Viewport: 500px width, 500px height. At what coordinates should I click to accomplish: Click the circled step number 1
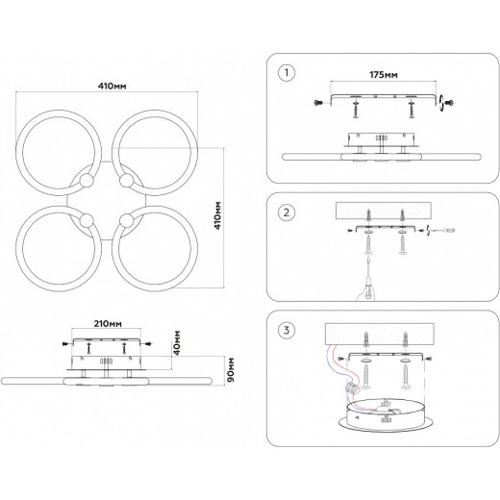(287, 73)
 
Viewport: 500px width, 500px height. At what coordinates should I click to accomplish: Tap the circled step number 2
(287, 212)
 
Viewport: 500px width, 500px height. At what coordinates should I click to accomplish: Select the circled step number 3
(287, 330)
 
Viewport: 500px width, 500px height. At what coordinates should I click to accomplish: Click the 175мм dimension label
(384, 75)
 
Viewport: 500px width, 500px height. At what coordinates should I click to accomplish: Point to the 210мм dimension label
(108, 324)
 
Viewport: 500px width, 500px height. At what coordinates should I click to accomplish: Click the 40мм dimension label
(177, 342)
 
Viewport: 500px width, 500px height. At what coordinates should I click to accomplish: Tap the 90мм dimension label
(231, 369)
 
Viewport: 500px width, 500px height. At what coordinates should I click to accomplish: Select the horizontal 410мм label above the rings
(112, 87)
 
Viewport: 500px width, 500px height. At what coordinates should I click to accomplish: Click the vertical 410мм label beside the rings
(217, 215)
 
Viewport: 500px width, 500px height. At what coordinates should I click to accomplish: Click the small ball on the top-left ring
(87, 181)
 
